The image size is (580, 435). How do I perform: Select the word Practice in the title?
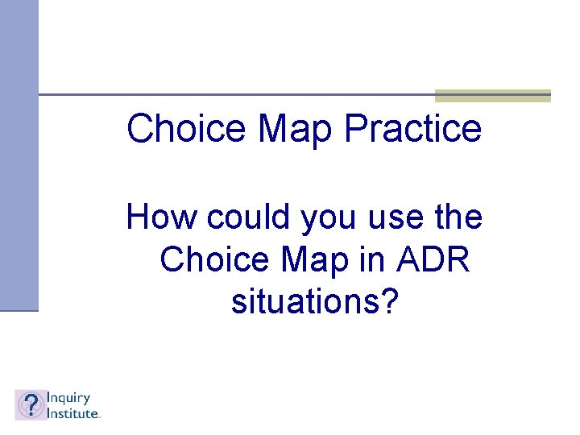coord(412,129)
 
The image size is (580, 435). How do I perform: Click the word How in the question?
coord(161,217)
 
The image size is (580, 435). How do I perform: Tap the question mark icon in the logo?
coord(31,404)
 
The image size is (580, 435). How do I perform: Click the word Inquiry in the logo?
coord(68,398)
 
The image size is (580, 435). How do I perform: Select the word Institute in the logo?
coord(72,412)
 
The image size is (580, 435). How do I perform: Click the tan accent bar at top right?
coord(492,96)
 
